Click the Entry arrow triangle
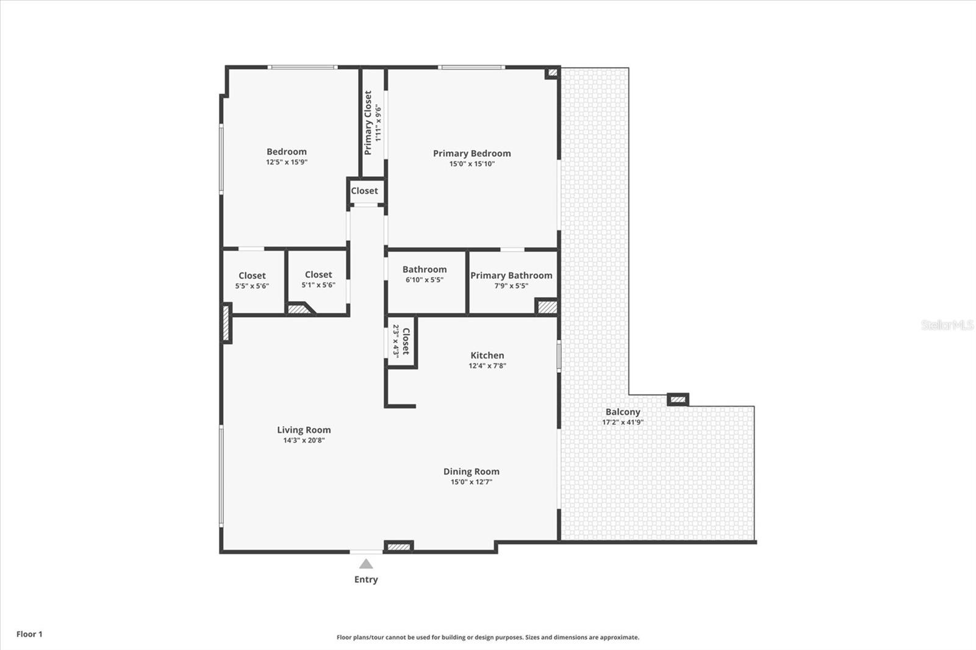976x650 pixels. click(x=366, y=564)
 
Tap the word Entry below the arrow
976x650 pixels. click(x=366, y=579)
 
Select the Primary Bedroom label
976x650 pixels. click(x=472, y=154)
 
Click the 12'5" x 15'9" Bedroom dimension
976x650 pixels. click(x=287, y=162)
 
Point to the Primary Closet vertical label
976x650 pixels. click(x=368, y=123)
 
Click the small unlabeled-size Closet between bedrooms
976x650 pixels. click(x=365, y=191)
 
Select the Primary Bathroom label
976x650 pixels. click(x=511, y=276)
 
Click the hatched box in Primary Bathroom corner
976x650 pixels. click(x=547, y=307)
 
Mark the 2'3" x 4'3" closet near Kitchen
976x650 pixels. click(x=401, y=341)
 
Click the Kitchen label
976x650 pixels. click(x=487, y=355)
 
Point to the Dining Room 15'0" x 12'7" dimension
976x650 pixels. click(x=472, y=482)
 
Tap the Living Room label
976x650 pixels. click(x=304, y=430)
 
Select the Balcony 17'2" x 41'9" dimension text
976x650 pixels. click(x=623, y=422)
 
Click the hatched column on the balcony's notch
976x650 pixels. click(x=678, y=400)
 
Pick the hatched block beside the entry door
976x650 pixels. click(x=399, y=546)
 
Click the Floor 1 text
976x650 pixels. click(x=29, y=634)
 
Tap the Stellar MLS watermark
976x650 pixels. click(x=947, y=325)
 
